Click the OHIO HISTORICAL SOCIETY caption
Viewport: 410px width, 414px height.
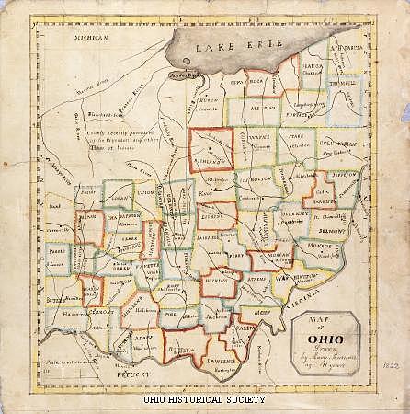coord(204,399)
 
